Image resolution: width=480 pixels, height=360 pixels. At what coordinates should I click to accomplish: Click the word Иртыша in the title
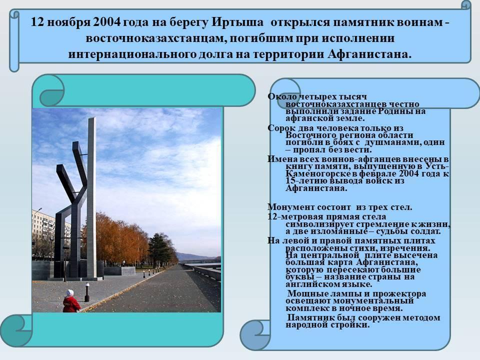pyautogui.click(x=237, y=22)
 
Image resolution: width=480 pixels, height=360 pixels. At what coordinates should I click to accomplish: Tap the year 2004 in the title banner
pyautogui.click(x=107, y=22)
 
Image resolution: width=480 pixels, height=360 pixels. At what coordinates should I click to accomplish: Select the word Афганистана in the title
pyautogui.click(x=369, y=54)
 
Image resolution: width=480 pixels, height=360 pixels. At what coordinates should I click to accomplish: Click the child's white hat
pyautogui.click(x=70, y=292)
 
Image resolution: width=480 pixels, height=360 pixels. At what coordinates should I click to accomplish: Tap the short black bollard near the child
pyautogui.click(x=87, y=292)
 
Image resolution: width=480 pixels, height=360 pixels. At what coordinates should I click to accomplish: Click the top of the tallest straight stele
pyautogui.click(x=92, y=118)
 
